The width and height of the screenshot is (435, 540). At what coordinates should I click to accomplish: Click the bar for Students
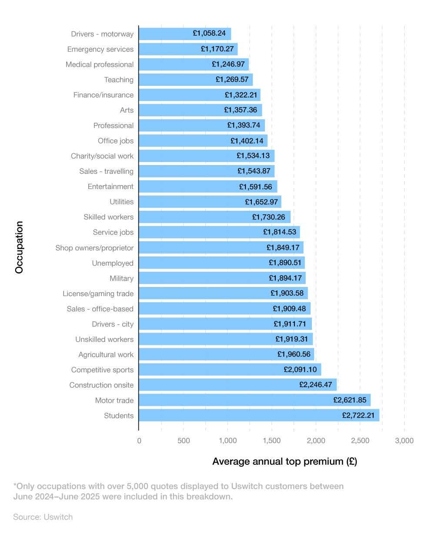pyautogui.click(x=259, y=415)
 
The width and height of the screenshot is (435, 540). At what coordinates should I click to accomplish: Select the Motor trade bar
pyautogui.click(x=254, y=400)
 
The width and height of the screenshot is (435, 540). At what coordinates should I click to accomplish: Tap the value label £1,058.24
pyautogui.click(x=209, y=33)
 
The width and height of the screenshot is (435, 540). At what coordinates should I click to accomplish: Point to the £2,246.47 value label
pyautogui.click(x=315, y=385)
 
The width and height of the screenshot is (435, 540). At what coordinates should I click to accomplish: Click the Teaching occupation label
pyautogui.click(x=119, y=80)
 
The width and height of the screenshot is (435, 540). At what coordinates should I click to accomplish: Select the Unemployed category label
pyautogui.click(x=113, y=263)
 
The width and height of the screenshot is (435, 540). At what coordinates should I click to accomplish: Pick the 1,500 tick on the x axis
pyautogui.click(x=272, y=441)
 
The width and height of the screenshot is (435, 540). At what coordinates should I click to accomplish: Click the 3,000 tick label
pyautogui.click(x=404, y=441)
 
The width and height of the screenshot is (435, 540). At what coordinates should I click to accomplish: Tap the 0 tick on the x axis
pyautogui.click(x=139, y=441)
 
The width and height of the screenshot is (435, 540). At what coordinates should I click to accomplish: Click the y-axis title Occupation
pyautogui.click(x=19, y=247)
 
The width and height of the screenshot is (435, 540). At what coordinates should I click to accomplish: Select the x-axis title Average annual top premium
pyautogui.click(x=284, y=462)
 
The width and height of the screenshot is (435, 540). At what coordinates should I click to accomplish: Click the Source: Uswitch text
pyautogui.click(x=43, y=517)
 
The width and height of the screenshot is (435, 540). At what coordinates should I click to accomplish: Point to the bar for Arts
pyautogui.click(x=200, y=110)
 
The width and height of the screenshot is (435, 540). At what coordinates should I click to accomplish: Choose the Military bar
pyautogui.click(x=222, y=278)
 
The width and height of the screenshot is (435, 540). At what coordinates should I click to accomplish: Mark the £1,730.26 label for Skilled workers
pyautogui.click(x=269, y=217)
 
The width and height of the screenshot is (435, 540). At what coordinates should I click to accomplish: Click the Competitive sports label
pyautogui.click(x=102, y=370)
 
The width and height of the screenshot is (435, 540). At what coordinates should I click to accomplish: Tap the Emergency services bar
pyautogui.click(x=188, y=49)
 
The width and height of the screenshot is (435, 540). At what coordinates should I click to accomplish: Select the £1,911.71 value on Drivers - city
pyautogui.click(x=290, y=324)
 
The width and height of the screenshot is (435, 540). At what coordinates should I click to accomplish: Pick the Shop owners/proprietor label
pyautogui.click(x=94, y=248)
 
